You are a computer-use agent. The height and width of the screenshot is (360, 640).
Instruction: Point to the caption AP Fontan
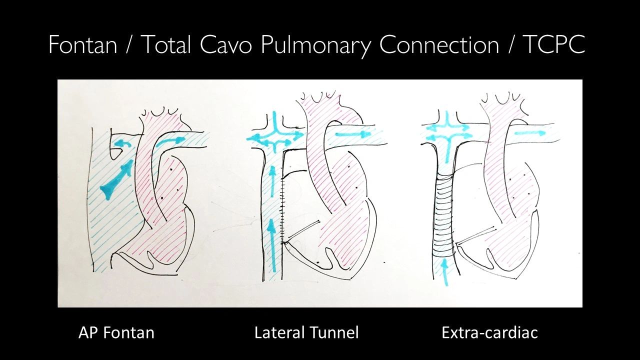pos(116,332)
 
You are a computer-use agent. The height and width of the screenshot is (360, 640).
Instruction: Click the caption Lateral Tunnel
pos(306,332)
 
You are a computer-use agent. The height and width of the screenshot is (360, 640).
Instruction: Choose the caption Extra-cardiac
pos(489,332)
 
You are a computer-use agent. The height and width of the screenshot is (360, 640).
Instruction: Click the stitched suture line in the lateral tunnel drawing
pos(283,210)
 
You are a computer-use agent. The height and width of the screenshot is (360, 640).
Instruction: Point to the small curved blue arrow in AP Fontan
pos(118,143)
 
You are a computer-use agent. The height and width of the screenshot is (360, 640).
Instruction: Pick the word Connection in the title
pos(438,45)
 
